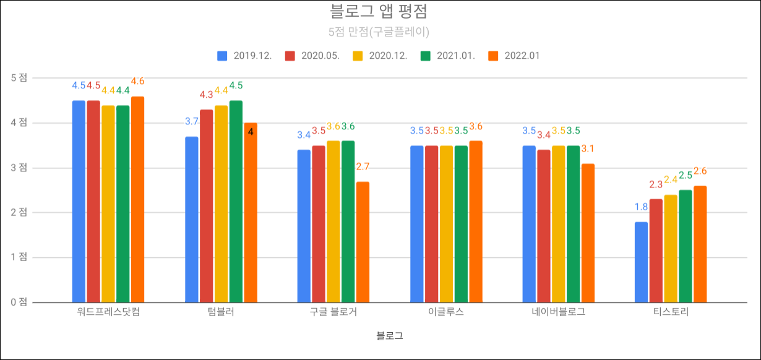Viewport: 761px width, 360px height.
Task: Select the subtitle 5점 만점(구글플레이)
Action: pos(380,31)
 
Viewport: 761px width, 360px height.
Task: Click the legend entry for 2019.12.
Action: pos(244,56)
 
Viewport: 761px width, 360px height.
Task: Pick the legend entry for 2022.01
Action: pos(515,56)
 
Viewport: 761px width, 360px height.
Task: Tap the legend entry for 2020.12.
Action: pos(380,56)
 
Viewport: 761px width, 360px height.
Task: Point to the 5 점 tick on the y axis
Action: pos(19,78)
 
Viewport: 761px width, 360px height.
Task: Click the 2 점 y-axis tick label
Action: pos(19,212)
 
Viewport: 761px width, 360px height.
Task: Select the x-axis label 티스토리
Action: pos(671,312)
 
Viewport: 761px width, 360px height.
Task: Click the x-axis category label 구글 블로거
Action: pos(333,312)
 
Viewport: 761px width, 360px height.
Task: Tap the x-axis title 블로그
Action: pos(389,336)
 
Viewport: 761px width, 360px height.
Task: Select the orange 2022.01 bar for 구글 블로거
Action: pos(363,242)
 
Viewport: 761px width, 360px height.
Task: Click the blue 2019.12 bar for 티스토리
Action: pos(641,262)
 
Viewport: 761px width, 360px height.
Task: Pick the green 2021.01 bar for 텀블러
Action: pos(236,202)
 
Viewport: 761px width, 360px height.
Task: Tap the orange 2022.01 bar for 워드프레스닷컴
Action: pos(137,199)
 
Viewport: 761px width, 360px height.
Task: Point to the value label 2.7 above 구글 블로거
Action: pos(363,166)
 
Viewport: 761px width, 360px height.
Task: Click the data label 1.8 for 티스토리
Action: pos(641,207)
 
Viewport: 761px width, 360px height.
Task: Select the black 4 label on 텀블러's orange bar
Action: pos(251,132)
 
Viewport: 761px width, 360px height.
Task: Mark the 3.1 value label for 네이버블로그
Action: pos(588,148)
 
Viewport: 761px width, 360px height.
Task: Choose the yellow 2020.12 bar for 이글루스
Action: pos(446,224)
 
